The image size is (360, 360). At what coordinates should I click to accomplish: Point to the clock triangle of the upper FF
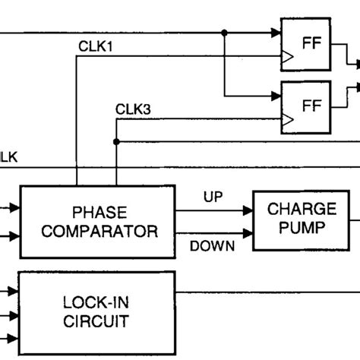click(286, 55)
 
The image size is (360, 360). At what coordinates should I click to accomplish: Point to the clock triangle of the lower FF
click(286, 118)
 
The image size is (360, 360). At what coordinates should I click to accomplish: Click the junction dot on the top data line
click(224, 33)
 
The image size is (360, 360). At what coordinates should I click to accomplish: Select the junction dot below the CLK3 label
click(115, 141)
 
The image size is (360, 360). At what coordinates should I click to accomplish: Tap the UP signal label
click(213, 197)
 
